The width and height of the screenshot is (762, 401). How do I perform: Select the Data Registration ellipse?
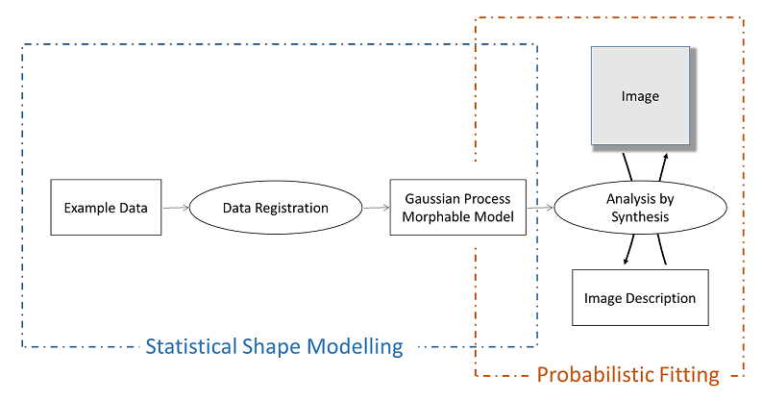275,208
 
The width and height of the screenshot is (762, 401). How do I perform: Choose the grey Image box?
640,96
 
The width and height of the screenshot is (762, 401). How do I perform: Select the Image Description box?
640,298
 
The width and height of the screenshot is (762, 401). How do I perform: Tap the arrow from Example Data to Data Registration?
176,208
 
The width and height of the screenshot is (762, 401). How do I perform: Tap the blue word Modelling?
359,347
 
